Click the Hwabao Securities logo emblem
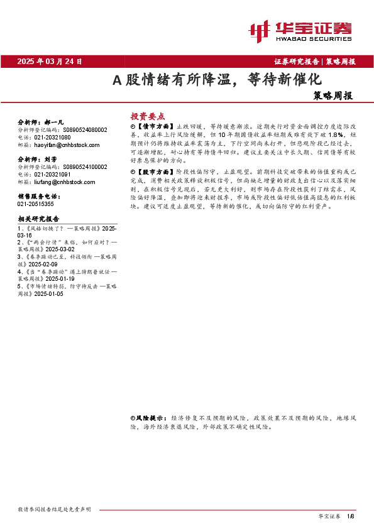pos(258,29)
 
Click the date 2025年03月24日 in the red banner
pos(50,62)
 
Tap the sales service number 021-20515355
pos(36,204)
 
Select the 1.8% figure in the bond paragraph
pos(336,134)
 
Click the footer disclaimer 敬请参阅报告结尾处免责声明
pos(55,509)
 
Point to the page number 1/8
pos(351,515)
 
